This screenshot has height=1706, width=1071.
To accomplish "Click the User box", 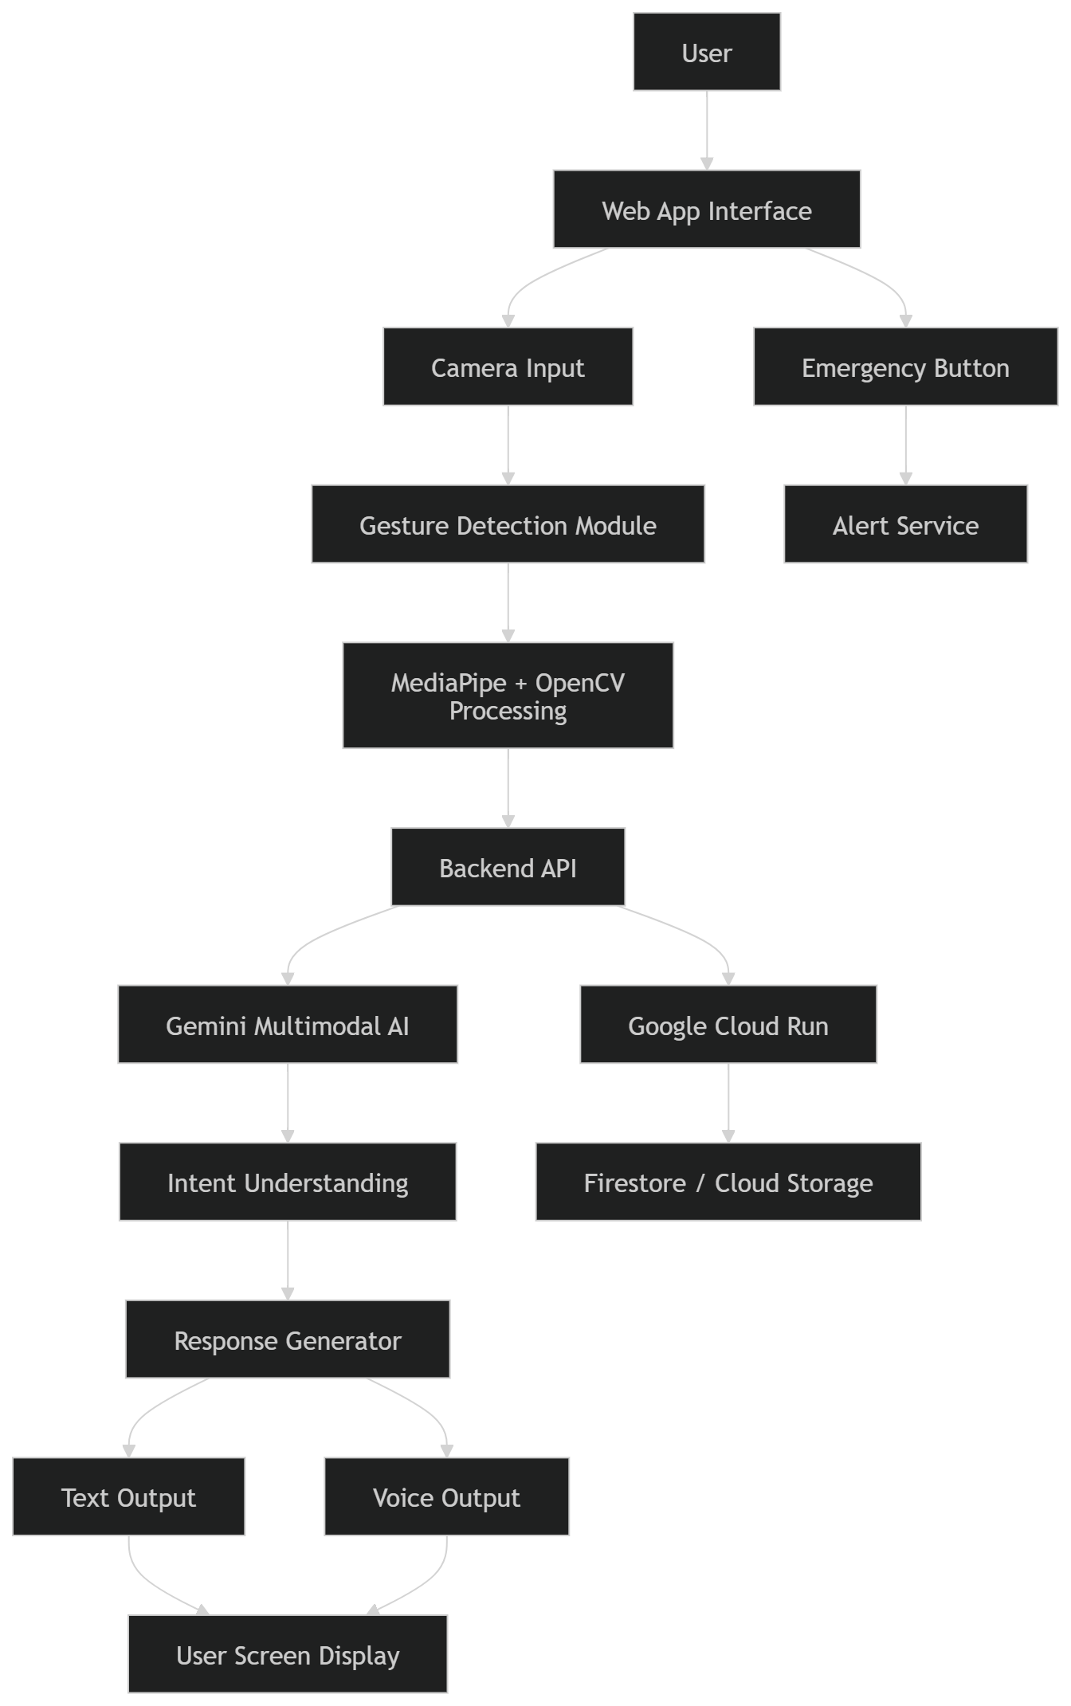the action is click(707, 52).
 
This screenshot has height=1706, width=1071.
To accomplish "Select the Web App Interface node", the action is click(707, 210).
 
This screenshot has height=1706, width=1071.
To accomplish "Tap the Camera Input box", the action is click(508, 367).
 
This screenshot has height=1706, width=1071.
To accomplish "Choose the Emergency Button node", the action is click(905, 367).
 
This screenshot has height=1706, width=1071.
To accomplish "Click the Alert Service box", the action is click(905, 524).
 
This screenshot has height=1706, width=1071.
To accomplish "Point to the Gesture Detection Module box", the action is click(508, 524).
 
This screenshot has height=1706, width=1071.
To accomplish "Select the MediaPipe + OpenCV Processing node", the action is click(508, 696).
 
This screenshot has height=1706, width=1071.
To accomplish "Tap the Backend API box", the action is click(508, 867).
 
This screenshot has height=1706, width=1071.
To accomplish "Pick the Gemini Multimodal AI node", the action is click(288, 1025).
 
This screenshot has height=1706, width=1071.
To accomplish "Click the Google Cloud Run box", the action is click(728, 1025).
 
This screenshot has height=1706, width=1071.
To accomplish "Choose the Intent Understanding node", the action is click(288, 1182).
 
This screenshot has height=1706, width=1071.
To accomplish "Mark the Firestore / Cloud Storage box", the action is click(728, 1182).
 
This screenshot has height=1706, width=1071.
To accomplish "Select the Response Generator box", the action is click(288, 1339).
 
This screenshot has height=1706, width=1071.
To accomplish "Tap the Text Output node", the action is click(128, 1496).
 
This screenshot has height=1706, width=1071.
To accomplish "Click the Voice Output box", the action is click(446, 1496).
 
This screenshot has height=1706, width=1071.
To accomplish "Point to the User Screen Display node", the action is click(288, 1654).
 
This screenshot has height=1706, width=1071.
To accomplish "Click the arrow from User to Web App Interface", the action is click(707, 130).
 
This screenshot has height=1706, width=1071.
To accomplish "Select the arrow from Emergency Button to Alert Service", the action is click(905, 445).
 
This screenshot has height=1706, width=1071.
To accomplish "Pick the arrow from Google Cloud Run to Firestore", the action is click(728, 1103).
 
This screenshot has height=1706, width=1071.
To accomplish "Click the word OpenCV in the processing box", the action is click(580, 683).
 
